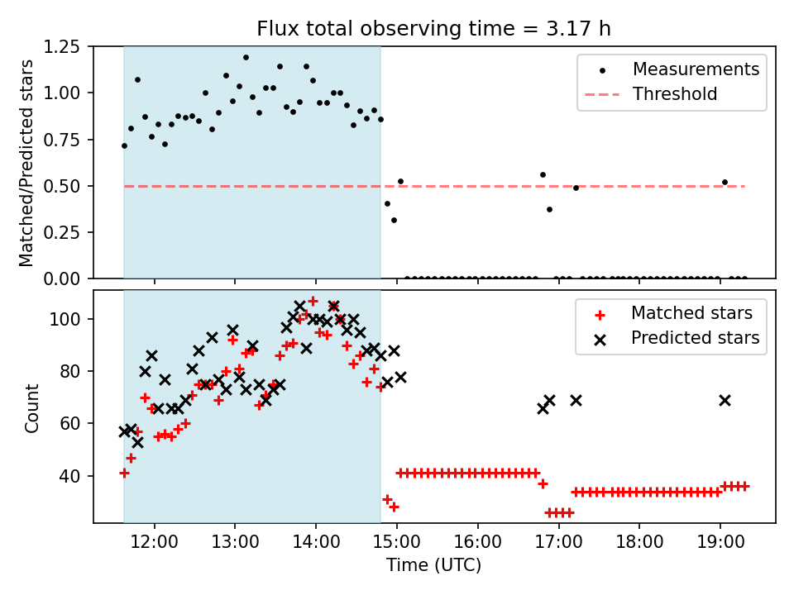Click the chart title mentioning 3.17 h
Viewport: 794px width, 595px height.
(x=433, y=28)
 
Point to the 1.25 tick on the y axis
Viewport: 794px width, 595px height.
(x=62, y=47)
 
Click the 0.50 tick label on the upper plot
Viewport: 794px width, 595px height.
(x=62, y=186)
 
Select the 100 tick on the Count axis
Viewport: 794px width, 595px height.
(x=65, y=319)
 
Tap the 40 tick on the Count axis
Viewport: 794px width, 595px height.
(x=70, y=476)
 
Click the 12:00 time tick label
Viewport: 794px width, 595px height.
(x=155, y=542)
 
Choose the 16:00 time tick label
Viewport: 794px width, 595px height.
(x=478, y=542)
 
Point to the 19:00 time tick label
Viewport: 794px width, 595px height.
(x=720, y=542)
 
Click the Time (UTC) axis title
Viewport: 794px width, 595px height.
(x=434, y=564)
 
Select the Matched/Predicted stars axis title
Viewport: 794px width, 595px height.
(x=26, y=163)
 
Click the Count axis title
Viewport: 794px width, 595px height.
(x=32, y=407)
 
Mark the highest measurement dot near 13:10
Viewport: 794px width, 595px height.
(x=246, y=58)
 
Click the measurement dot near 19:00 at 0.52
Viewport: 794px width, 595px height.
(x=725, y=182)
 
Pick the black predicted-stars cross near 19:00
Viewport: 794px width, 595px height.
(x=725, y=400)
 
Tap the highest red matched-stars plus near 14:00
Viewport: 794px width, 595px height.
(x=313, y=301)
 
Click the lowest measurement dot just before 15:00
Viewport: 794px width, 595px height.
(x=394, y=220)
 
